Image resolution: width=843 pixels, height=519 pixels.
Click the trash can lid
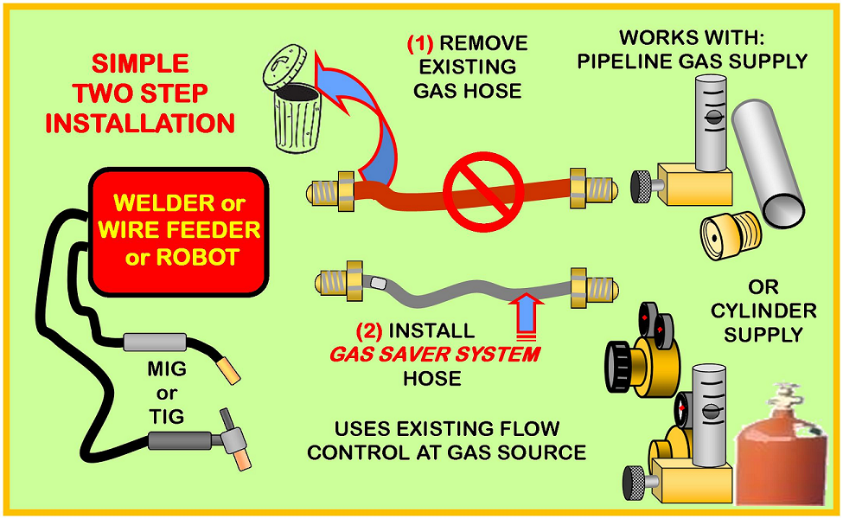coord(284,67)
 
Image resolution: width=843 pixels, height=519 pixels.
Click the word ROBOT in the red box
coord(197,257)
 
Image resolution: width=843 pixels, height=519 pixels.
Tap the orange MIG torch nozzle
coord(228,372)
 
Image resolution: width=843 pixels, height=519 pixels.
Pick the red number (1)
coord(420,43)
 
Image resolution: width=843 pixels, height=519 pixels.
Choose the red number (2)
coord(369,330)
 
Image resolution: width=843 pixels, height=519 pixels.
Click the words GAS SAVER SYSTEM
coord(435,355)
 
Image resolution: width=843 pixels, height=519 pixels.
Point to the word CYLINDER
coord(763,311)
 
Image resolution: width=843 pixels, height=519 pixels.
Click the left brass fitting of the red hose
coord(330,191)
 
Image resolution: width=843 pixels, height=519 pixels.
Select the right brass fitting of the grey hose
coord(594,287)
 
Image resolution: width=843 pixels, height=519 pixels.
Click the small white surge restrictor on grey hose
coord(378,282)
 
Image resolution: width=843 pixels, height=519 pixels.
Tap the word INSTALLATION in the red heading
coord(140,123)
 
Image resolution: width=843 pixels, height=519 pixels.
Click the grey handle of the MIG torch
coord(155,342)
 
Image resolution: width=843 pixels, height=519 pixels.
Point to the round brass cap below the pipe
coord(730,234)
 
